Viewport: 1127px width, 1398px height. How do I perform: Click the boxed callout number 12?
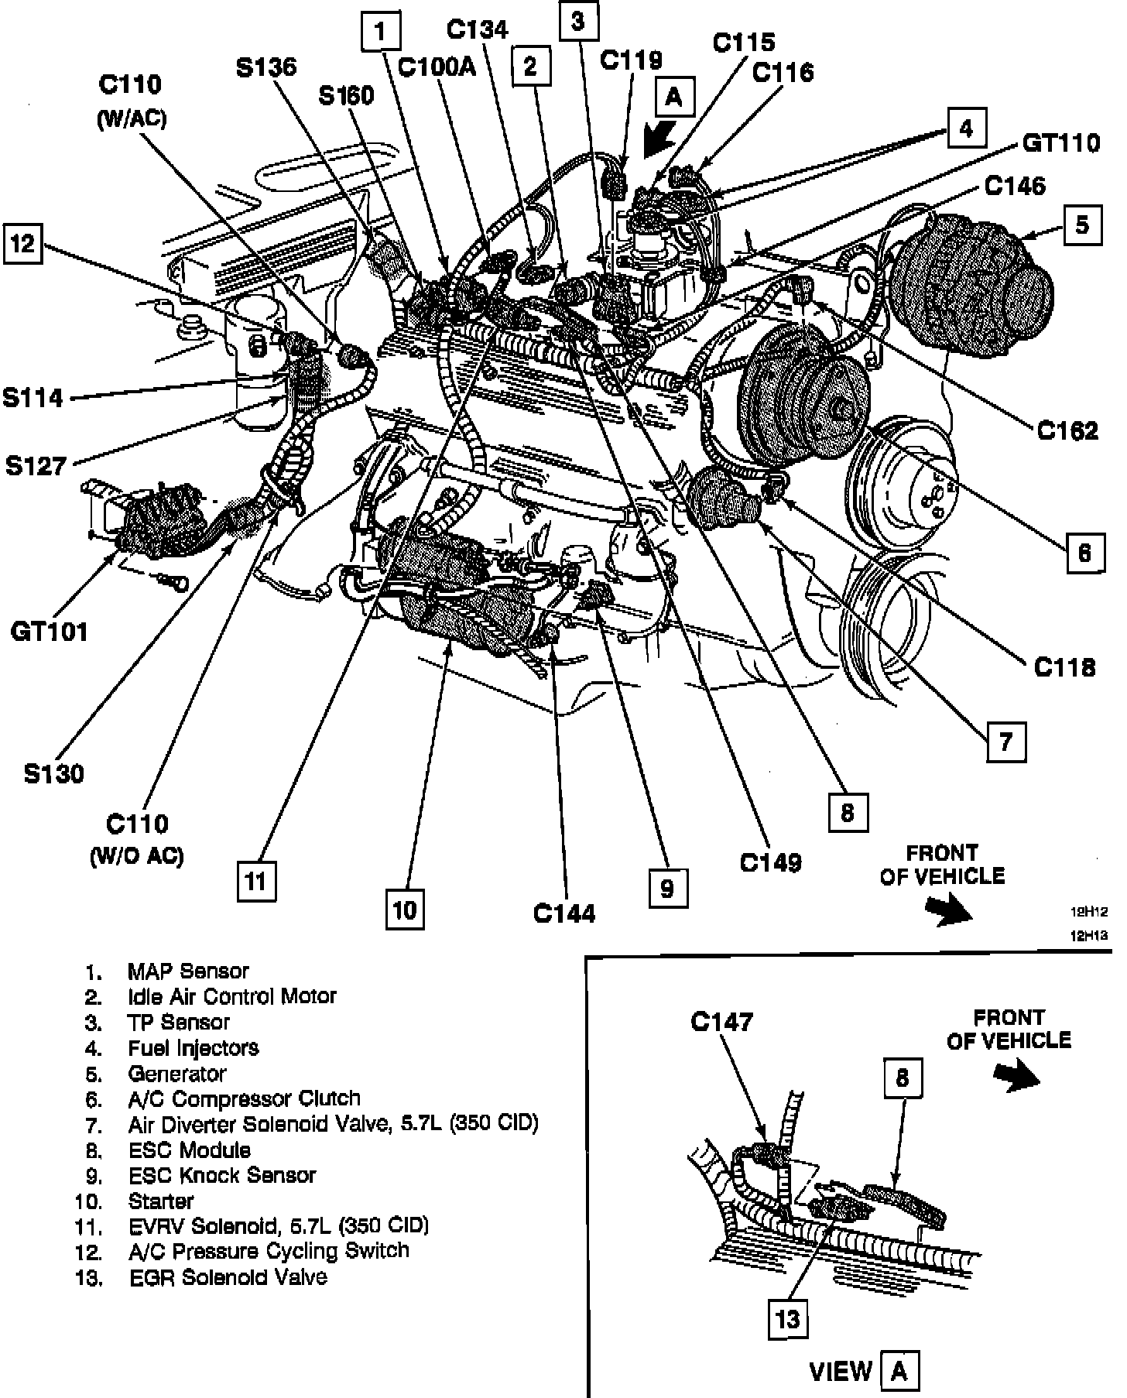pyautogui.click(x=23, y=244)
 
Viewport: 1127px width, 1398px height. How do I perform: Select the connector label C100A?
pyautogui.click(x=437, y=67)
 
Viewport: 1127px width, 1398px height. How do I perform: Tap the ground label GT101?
pyautogui.click(x=50, y=632)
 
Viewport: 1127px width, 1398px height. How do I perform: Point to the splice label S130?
pyautogui.click(x=54, y=773)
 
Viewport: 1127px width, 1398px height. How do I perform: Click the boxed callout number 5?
pyautogui.click(x=1082, y=224)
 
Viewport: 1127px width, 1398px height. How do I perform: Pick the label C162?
pyautogui.click(x=1068, y=430)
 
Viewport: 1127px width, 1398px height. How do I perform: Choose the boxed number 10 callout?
pyautogui.click(x=405, y=910)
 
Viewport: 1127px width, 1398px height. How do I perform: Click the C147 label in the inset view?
pyautogui.click(x=721, y=1022)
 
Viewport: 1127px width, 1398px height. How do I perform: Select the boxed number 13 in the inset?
pyautogui.click(x=787, y=1318)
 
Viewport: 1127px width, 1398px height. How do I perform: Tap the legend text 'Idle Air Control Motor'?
pyautogui.click(x=232, y=996)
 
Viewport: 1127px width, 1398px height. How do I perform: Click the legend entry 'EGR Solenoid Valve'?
pyautogui.click(x=228, y=1276)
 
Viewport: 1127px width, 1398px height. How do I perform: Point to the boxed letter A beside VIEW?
pyautogui.click(x=899, y=1371)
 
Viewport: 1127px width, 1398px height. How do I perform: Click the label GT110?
pyautogui.click(x=1061, y=143)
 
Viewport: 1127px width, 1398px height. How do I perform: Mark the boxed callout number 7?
pyautogui.click(x=1005, y=742)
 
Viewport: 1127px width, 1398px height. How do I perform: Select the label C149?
pyautogui.click(x=771, y=862)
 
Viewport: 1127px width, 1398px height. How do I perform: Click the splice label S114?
pyautogui.click(x=33, y=398)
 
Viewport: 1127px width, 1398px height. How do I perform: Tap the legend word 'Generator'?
pyautogui.click(x=177, y=1074)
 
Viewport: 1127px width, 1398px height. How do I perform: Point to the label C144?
pyautogui.click(x=564, y=913)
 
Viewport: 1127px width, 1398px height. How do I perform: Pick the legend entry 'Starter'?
pyautogui.click(x=161, y=1201)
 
